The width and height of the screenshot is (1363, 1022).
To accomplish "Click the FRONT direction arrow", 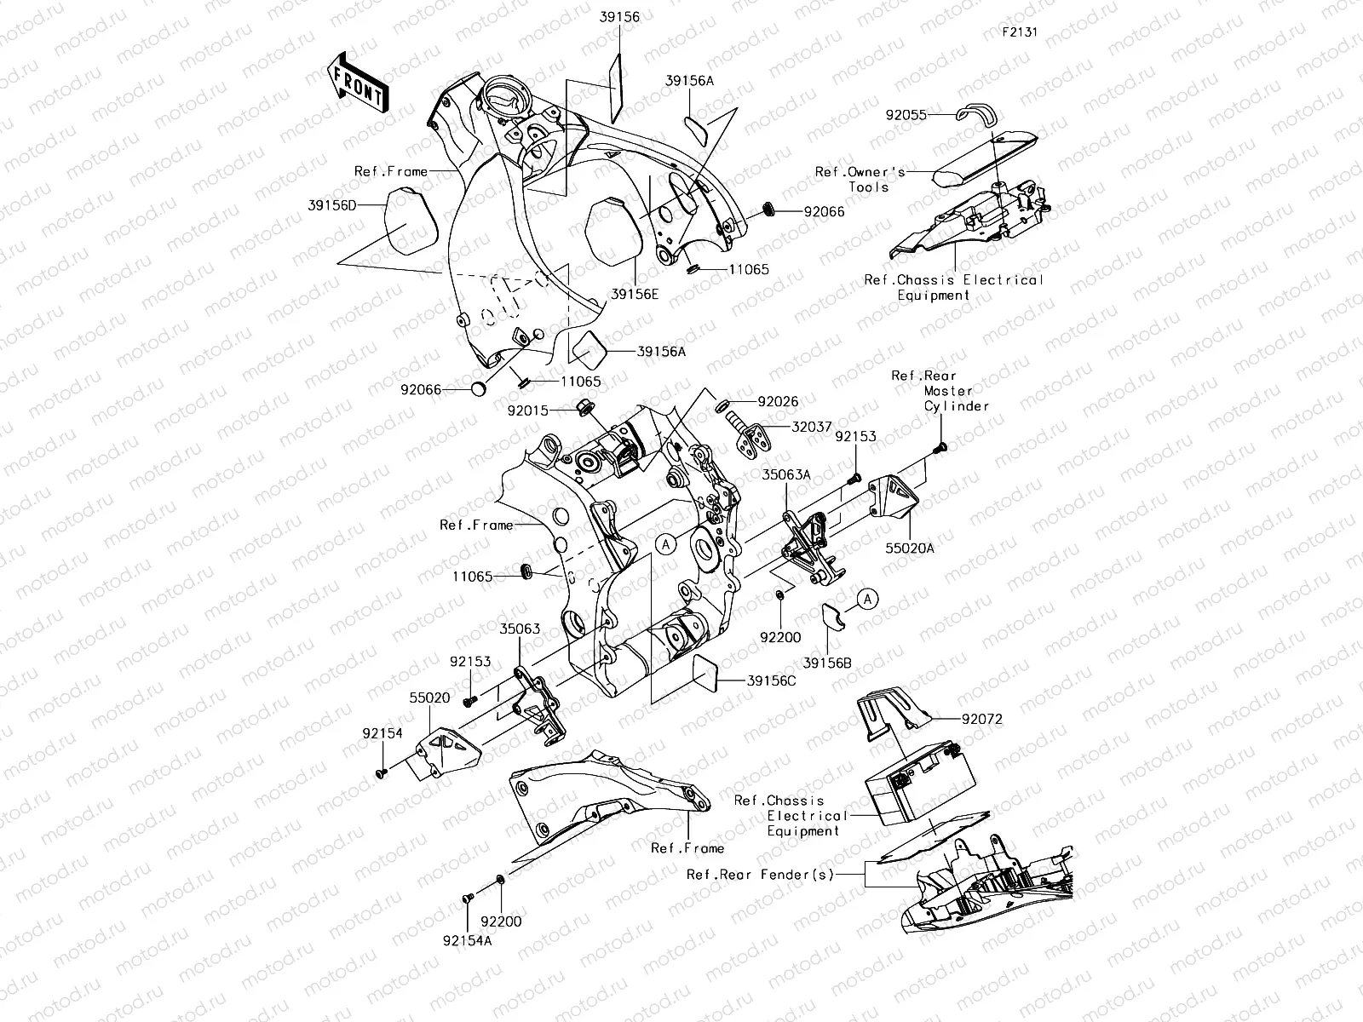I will tap(356, 80).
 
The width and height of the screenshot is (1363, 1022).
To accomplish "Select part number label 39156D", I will tap(332, 206).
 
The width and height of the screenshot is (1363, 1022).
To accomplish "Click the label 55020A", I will tap(910, 548).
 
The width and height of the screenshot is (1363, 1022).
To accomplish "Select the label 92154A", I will tap(467, 941).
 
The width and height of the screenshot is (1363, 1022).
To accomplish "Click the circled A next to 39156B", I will tap(866, 600).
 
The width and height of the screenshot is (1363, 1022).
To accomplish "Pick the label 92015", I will tap(529, 410).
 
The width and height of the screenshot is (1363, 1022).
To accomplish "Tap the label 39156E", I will tap(635, 294).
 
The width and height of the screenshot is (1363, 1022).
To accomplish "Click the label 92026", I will tap(778, 401).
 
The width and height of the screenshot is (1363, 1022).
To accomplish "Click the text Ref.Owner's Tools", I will tap(860, 179).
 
